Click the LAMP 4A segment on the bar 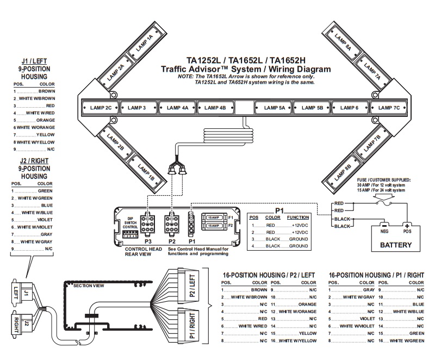177,108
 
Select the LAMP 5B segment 312,108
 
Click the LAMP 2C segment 101,108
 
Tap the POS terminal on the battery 406,230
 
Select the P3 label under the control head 148,239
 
